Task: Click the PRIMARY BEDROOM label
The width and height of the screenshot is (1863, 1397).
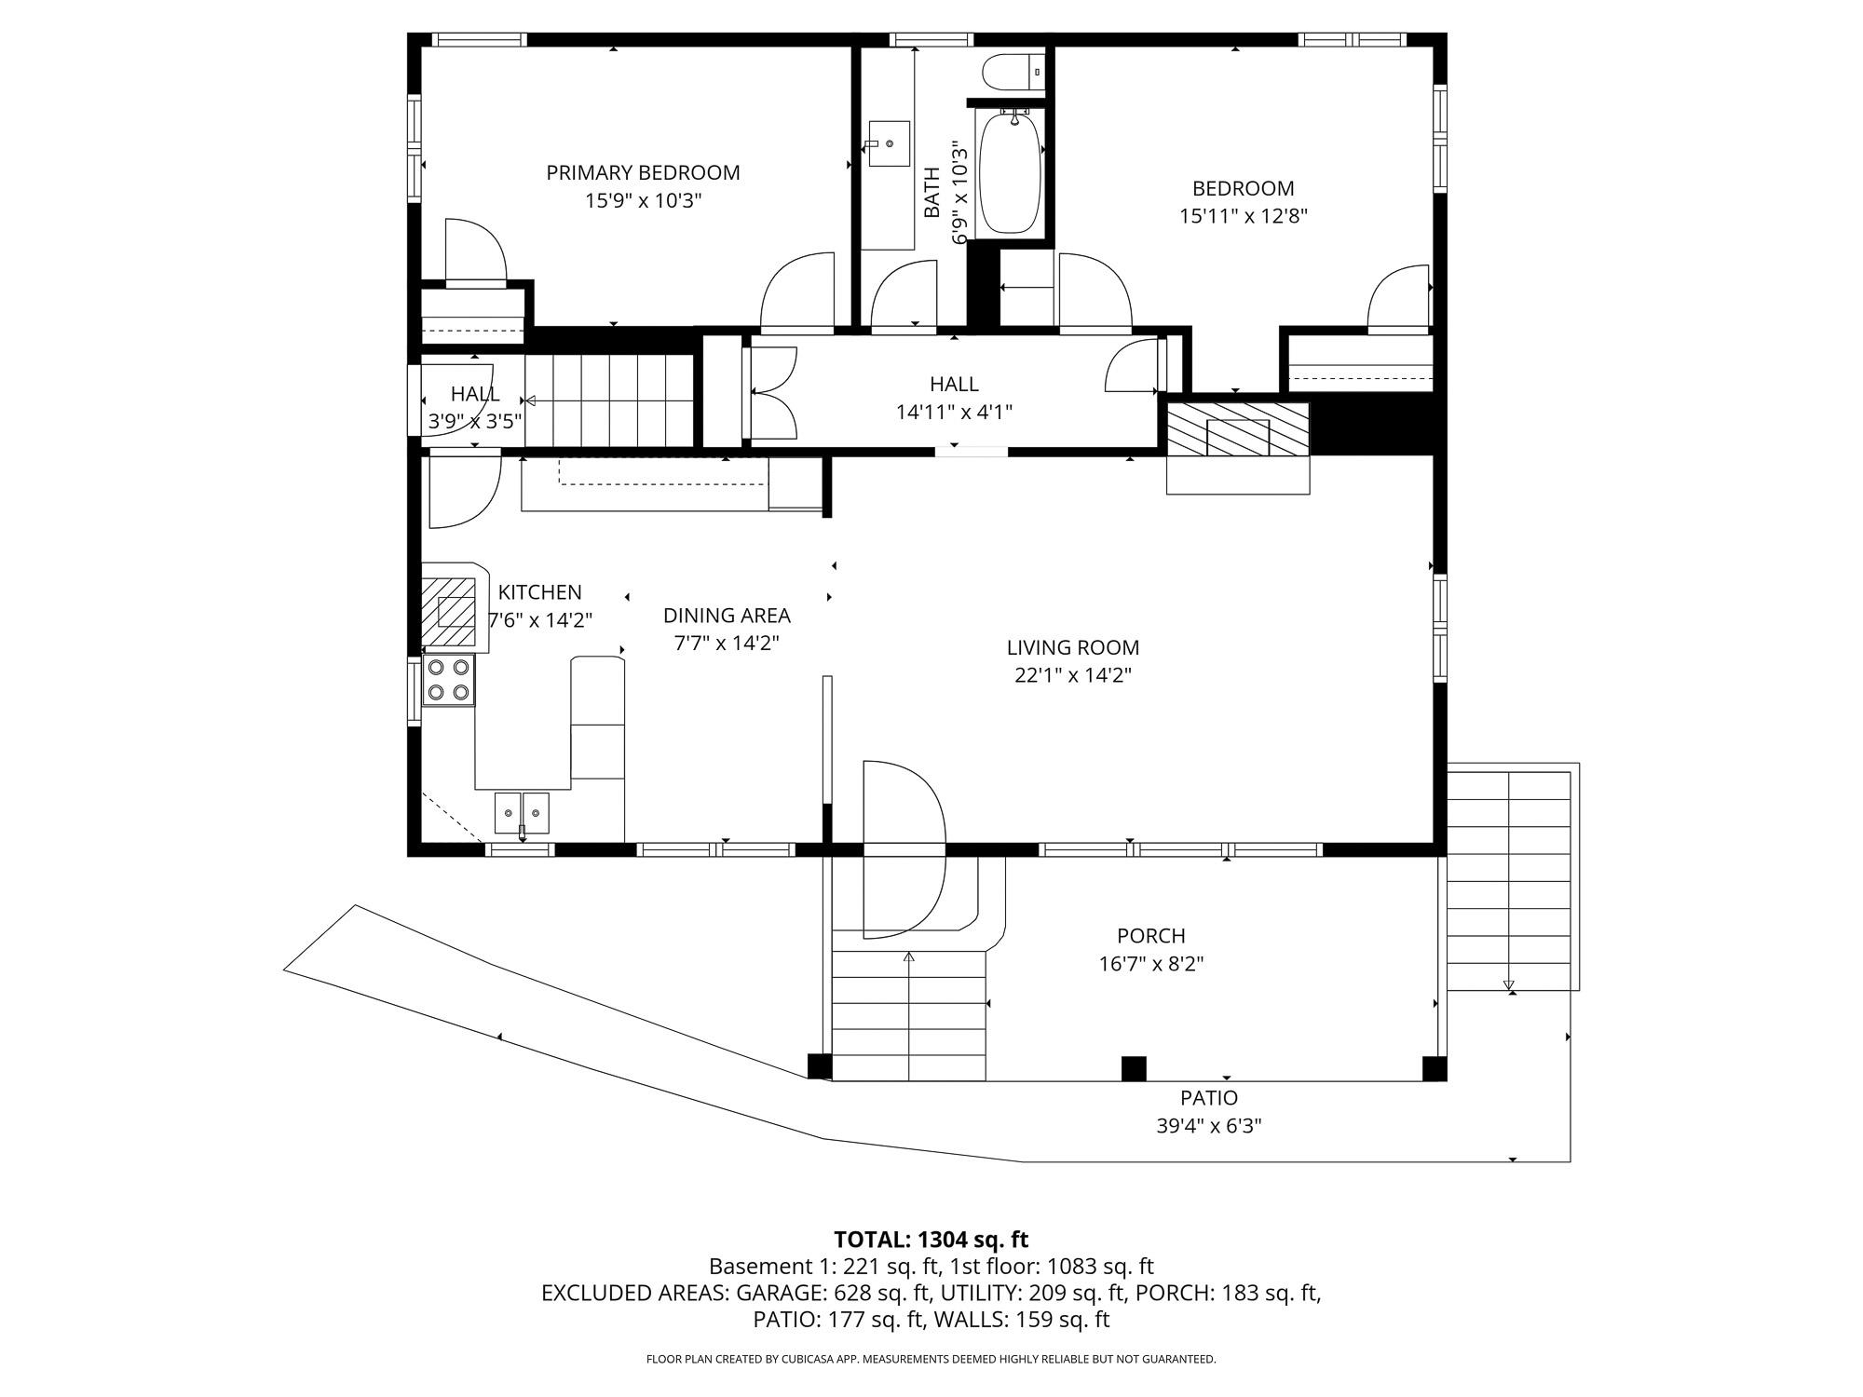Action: click(643, 172)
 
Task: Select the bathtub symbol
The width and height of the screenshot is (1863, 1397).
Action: click(1010, 172)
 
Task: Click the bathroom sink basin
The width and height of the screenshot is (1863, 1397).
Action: click(888, 144)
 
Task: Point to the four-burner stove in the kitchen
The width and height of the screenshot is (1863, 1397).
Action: click(448, 680)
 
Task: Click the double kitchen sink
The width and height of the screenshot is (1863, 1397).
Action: click(522, 813)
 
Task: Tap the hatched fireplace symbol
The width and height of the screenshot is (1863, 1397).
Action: click(1238, 429)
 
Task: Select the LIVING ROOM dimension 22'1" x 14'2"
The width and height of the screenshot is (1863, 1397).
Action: click(1072, 675)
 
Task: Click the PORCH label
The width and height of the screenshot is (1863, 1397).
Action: click(1150, 936)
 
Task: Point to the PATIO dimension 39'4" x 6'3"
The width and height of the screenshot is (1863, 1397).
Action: click(1208, 1126)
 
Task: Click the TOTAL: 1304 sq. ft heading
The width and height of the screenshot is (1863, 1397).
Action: click(931, 1240)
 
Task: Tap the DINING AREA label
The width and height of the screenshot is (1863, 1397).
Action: click(727, 616)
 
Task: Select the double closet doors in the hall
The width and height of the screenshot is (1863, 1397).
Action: click(773, 392)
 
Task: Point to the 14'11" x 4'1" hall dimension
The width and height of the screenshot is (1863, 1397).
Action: click(954, 412)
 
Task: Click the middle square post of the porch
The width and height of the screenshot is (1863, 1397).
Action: click(1133, 1068)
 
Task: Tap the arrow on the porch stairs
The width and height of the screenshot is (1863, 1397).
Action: click(909, 957)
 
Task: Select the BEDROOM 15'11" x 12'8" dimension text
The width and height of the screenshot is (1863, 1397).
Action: click(1243, 216)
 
